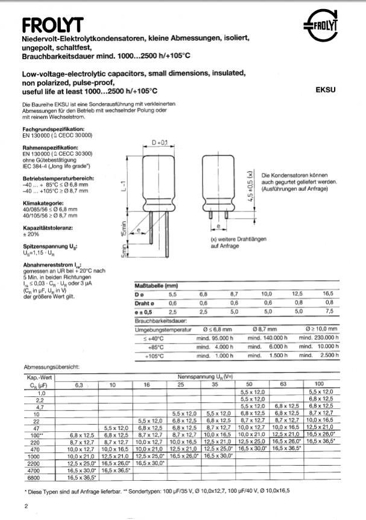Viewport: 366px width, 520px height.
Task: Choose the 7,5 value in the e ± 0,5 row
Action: click(x=329, y=311)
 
